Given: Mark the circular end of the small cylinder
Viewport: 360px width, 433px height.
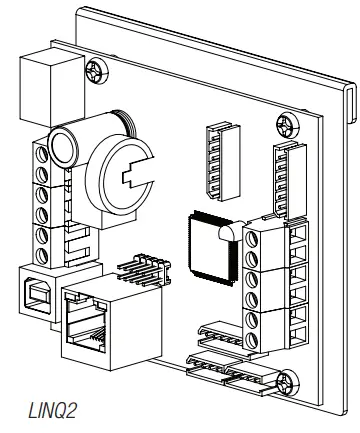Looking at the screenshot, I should pos(63,145).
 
